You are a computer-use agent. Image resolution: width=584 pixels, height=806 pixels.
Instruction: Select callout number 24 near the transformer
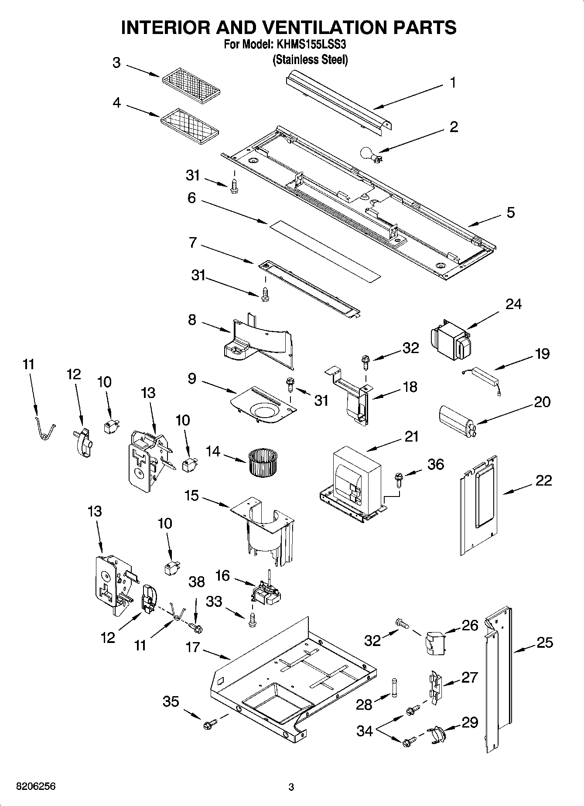(x=513, y=304)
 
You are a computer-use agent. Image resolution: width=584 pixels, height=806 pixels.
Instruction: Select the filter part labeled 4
(x=190, y=126)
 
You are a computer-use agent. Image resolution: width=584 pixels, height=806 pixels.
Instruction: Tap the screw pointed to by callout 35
(x=208, y=725)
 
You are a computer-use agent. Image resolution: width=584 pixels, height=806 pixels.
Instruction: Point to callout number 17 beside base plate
(x=192, y=647)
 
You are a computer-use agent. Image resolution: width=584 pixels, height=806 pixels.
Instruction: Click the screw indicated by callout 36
(x=399, y=479)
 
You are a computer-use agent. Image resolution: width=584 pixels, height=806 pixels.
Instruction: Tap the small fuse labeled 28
(x=395, y=688)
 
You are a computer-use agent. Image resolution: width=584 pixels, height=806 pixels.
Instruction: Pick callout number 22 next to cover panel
(x=543, y=480)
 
